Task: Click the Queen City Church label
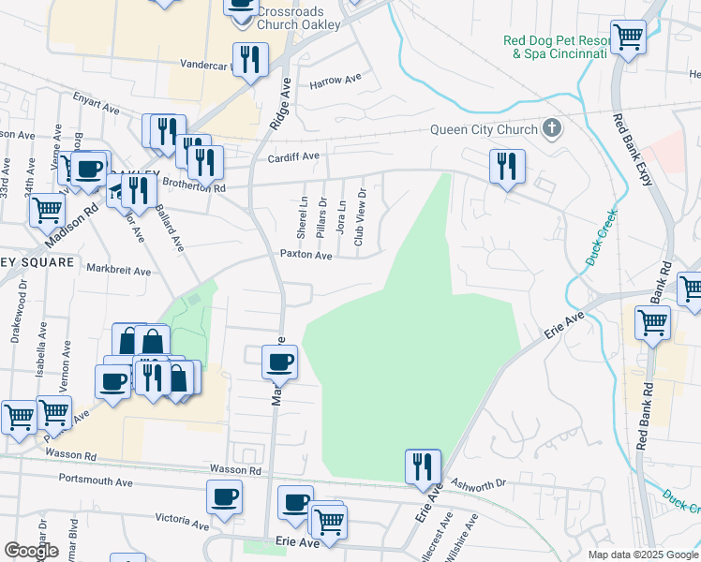click(484, 130)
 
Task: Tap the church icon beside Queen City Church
click(552, 129)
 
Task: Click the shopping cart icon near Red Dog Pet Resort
click(628, 37)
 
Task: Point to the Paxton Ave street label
click(306, 255)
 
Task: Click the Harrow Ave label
click(336, 81)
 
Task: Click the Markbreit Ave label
click(119, 272)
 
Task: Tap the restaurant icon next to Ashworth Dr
click(423, 466)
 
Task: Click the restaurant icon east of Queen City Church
click(506, 167)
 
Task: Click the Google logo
click(31, 551)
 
